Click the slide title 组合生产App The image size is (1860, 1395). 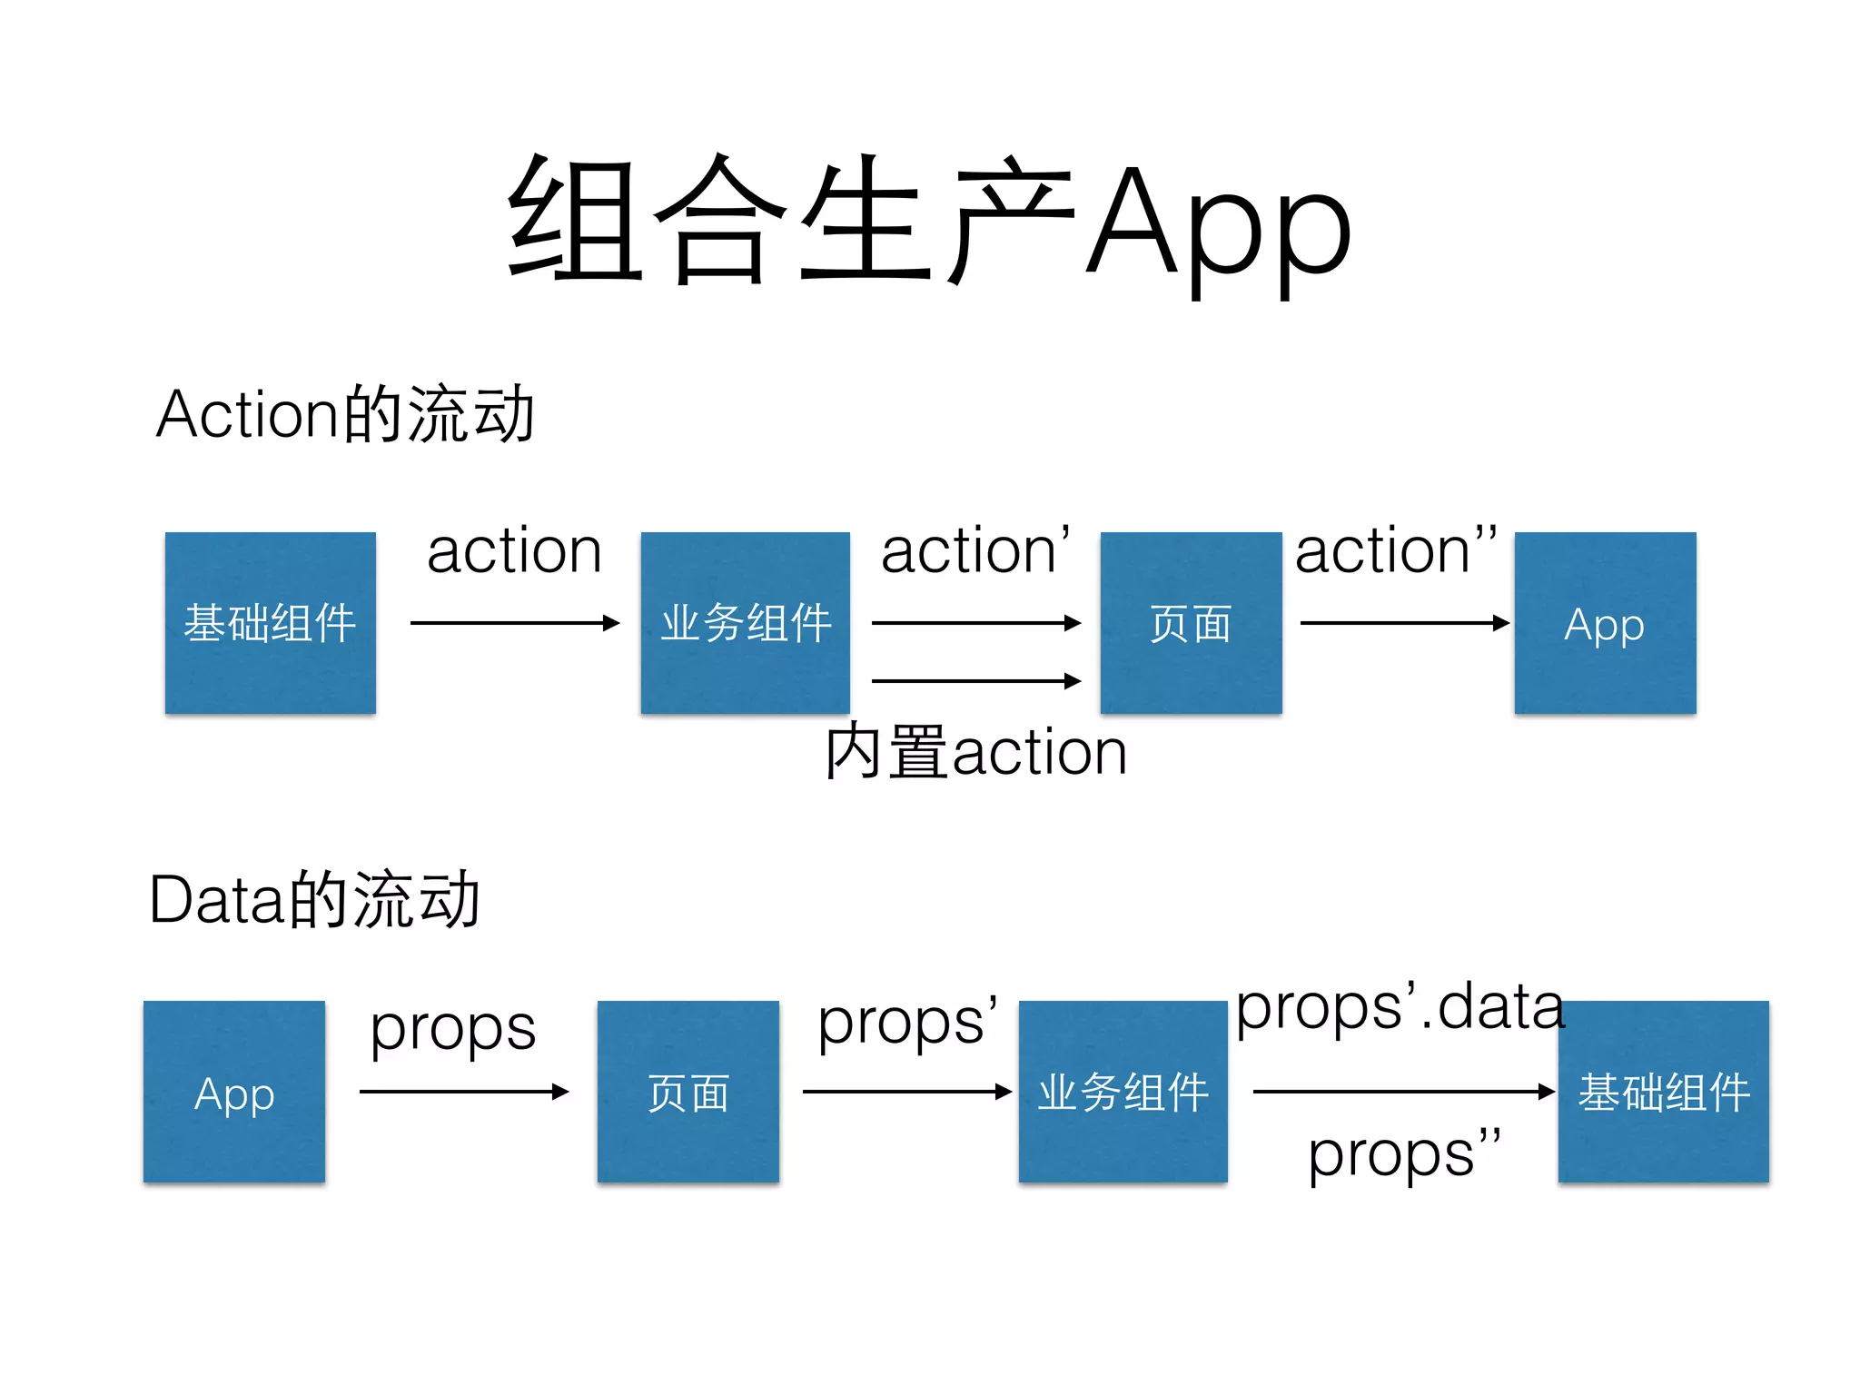[x=930, y=223]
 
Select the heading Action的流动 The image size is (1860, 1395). [x=345, y=414]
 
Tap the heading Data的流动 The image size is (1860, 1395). [x=314, y=900]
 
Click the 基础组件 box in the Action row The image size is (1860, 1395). [x=270, y=623]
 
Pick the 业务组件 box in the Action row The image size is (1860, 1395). [x=745, y=623]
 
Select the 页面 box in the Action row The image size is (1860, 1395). [x=1191, y=623]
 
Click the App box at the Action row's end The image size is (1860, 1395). [x=1605, y=623]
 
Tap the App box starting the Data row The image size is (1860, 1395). [x=234, y=1092]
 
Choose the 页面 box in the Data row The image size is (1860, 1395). [x=688, y=1092]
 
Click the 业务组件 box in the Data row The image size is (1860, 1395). [x=1123, y=1092]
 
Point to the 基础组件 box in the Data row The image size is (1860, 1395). [x=1663, y=1092]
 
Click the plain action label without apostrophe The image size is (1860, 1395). [x=514, y=551]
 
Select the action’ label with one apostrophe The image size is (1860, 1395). [x=975, y=551]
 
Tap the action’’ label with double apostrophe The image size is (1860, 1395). [x=1396, y=551]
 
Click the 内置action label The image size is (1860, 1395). [x=975, y=752]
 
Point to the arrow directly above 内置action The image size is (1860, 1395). [x=975, y=681]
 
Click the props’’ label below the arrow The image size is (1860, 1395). [x=1404, y=1155]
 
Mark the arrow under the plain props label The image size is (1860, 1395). [x=463, y=1092]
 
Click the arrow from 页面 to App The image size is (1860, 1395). [x=1404, y=623]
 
